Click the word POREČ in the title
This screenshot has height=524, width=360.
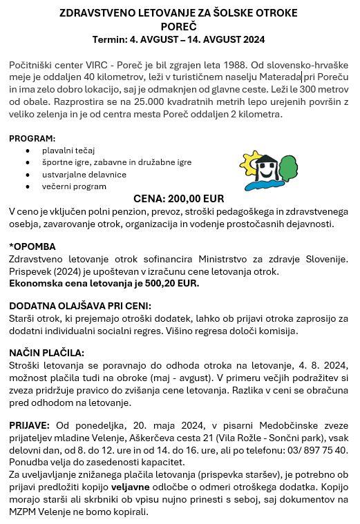pos(178,26)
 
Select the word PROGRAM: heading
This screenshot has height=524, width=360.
pos(32,138)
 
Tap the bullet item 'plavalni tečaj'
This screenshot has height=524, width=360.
pos(68,150)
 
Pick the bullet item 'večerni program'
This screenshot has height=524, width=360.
pos(74,186)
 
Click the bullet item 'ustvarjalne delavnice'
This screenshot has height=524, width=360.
pos(84,174)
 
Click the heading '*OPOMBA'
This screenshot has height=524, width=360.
pos(32,246)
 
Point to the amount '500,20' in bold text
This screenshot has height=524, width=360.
pos(157,283)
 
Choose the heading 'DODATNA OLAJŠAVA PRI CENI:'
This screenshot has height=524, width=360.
pos(79,306)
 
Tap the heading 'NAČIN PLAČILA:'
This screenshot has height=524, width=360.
pos(46,353)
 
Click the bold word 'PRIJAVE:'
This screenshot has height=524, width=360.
pos(29,424)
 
